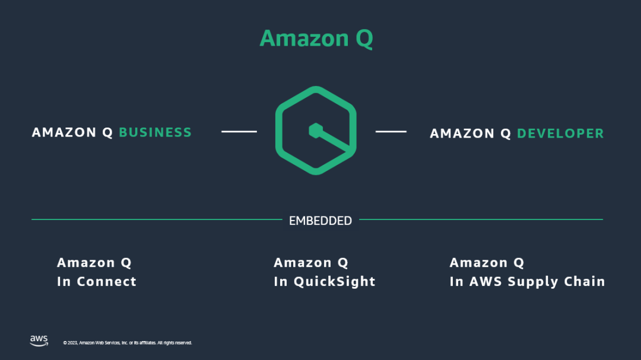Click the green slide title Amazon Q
click(x=316, y=39)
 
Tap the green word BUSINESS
click(x=155, y=132)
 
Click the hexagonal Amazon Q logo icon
click(x=316, y=130)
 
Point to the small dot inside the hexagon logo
click(x=315, y=129)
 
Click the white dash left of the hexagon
click(x=239, y=131)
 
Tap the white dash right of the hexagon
click(x=391, y=131)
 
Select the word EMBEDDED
click(x=320, y=221)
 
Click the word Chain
click(x=585, y=282)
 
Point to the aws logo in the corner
click(x=39, y=340)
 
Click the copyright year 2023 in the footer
click(x=71, y=343)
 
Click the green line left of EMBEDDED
click(x=157, y=219)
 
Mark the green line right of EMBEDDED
click(x=481, y=219)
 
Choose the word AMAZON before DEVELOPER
click(x=462, y=133)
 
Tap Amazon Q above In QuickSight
click(x=311, y=263)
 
